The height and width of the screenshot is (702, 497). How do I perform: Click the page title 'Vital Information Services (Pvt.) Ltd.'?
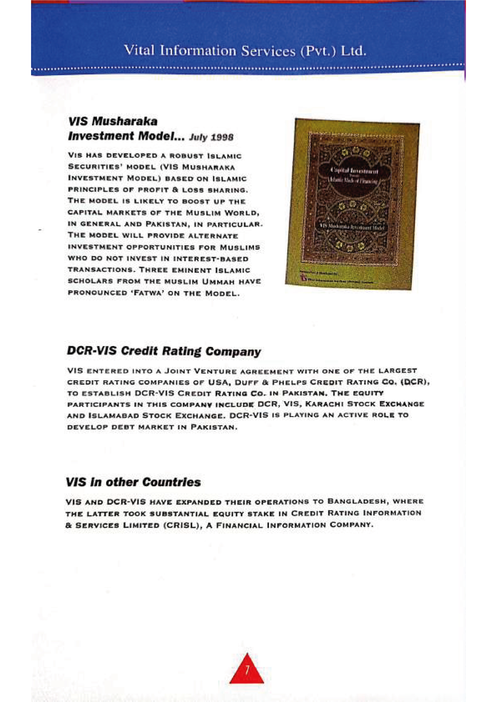tap(245, 50)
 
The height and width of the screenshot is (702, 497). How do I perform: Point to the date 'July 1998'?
tap(211, 137)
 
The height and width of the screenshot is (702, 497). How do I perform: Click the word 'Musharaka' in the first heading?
tap(125, 121)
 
